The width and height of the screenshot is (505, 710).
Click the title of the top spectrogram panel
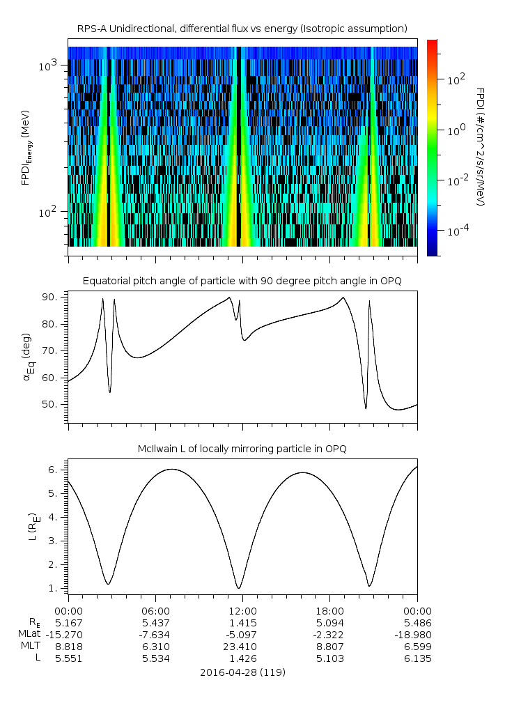click(x=242, y=29)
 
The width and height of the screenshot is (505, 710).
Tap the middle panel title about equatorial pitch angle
click(x=242, y=281)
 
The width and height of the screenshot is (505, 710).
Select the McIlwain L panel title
click(x=242, y=449)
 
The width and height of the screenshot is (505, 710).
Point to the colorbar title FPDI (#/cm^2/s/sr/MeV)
click(x=480, y=147)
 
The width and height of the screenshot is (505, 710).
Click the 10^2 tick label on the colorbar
click(x=456, y=80)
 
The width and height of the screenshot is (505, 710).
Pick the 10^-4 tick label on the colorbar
click(x=458, y=231)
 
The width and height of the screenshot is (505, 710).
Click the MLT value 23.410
click(x=242, y=646)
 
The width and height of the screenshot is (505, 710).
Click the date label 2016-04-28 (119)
click(x=242, y=672)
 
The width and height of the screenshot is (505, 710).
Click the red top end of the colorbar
click(x=432, y=43)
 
